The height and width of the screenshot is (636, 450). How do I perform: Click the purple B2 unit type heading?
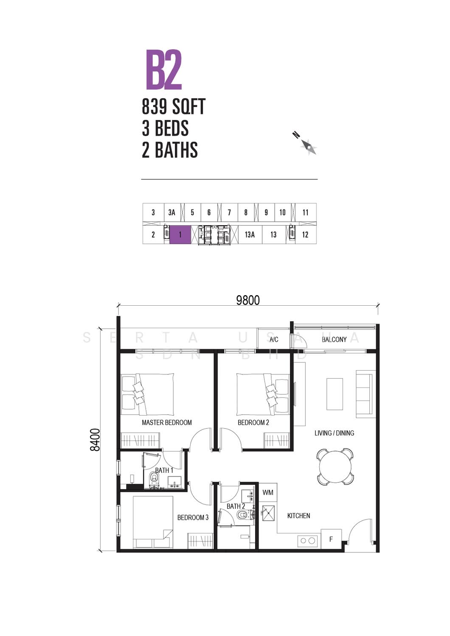pyautogui.click(x=164, y=70)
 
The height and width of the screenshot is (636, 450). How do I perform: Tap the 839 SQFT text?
pyautogui.click(x=173, y=106)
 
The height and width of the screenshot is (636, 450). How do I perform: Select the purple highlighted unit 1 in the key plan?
pyautogui.click(x=180, y=235)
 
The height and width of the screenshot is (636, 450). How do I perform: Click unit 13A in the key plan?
pyautogui.click(x=250, y=235)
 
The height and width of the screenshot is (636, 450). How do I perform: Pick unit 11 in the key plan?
pyautogui.click(x=305, y=212)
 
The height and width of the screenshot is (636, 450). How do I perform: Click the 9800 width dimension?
pyautogui.click(x=248, y=300)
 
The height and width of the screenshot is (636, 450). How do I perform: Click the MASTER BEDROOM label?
pyautogui.click(x=167, y=422)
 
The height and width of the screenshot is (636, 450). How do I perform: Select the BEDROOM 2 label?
pyautogui.click(x=253, y=422)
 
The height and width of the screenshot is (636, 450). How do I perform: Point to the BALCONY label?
pyautogui.click(x=334, y=340)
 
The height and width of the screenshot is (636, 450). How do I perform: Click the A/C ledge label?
pyautogui.click(x=274, y=340)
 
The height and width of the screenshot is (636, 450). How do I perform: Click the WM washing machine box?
pyautogui.click(x=268, y=493)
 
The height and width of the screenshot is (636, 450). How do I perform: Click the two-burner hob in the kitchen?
pyautogui.click(x=308, y=541)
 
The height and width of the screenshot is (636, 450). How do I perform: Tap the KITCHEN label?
pyautogui.click(x=298, y=516)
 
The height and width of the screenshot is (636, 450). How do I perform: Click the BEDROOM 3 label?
pyautogui.click(x=193, y=518)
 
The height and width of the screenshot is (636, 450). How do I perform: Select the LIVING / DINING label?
pyautogui.click(x=334, y=433)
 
